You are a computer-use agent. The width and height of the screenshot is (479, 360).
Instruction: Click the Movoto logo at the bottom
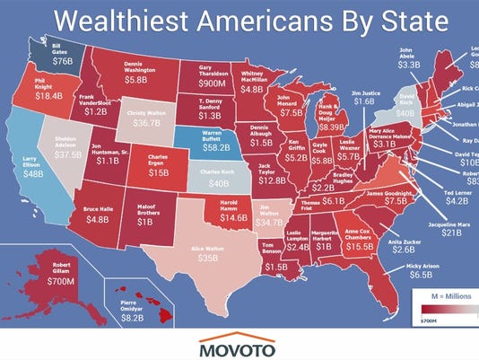[x=239, y=345]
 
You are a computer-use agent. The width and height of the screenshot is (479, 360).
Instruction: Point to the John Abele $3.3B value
[x=408, y=64]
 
